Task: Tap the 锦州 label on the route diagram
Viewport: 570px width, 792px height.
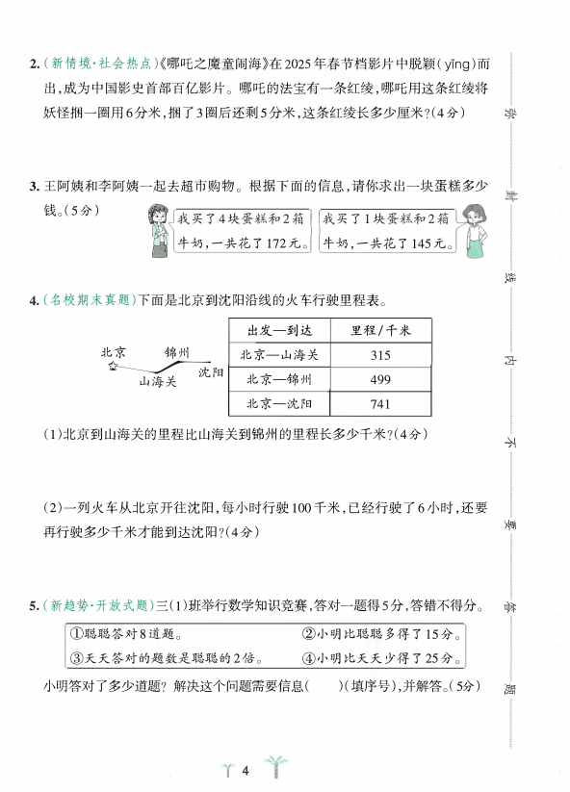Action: pos(177,351)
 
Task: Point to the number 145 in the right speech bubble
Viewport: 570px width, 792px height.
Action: pos(419,244)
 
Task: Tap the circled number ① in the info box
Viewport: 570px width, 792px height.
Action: pos(76,634)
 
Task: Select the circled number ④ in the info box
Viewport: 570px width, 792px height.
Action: pos(308,658)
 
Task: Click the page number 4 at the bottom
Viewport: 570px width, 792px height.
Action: pos(246,770)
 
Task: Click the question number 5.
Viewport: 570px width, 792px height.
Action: pos(33,606)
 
